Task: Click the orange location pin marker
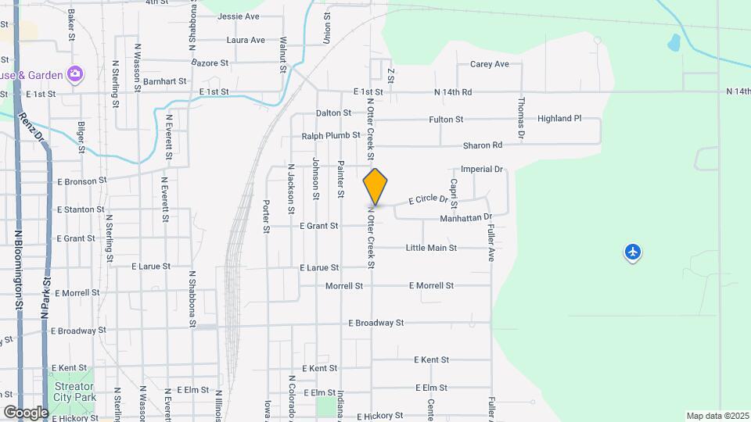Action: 375,187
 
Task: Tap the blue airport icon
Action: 633,252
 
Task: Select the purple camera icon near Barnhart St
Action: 75,74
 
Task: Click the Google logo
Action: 25,412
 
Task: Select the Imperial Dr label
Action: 481,169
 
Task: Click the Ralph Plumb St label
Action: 331,135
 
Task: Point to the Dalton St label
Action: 334,113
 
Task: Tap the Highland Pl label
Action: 559,119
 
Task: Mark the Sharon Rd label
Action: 483,145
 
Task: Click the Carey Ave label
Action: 490,64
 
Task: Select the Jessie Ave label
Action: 239,16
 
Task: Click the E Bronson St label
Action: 81,181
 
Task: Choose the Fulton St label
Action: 447,120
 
